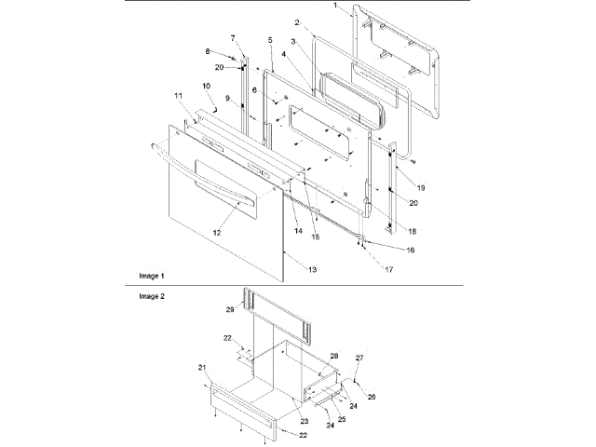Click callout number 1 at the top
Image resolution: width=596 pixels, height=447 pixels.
pos(336,6)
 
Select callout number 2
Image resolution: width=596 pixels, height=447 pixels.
pos(297,21)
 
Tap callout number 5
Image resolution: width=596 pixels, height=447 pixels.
pos(269,40)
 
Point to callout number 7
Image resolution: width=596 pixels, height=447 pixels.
pos(234,37)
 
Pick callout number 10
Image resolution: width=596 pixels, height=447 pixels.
pos(206,87)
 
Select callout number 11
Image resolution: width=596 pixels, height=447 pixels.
pos(178,96)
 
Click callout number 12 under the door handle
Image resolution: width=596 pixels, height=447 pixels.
pos(216,231)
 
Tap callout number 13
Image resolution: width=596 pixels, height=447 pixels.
pos(312,268)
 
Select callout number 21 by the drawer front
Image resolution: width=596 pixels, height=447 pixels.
pos(202,368)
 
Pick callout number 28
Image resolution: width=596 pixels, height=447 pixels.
pos(333,356)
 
